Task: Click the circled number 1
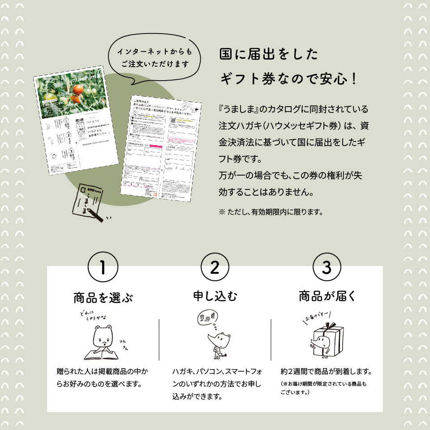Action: click(103, 268)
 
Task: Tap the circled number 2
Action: click(215, 268)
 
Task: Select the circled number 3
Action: click(327, 268)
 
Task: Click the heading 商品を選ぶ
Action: click(103, 297)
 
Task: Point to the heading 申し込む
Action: click(215, 296)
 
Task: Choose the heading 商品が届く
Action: click(327, 296)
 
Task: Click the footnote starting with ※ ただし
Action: click(271, 211)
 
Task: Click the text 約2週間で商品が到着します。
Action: click(327, 372)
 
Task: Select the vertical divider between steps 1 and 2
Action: click(159, 340)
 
